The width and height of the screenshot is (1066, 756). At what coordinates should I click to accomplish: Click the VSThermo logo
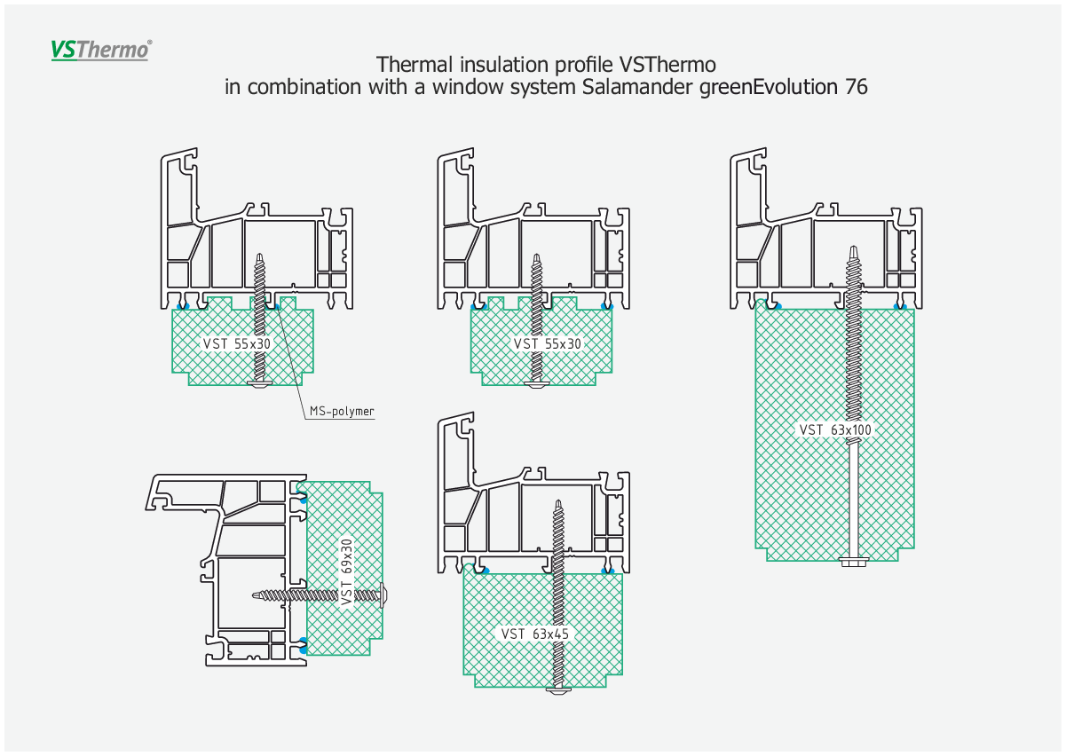[101, 50]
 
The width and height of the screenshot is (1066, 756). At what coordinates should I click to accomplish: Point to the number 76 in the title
[857, 87]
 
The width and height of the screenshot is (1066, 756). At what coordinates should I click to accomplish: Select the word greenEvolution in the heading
[769, 88]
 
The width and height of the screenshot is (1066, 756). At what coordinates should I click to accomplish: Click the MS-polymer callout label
[342, 411]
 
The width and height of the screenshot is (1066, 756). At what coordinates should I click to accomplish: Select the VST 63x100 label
[835, 430]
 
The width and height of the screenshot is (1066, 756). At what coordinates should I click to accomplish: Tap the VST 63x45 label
[535, 634]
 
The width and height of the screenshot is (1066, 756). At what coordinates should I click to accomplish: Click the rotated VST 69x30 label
[347, 571]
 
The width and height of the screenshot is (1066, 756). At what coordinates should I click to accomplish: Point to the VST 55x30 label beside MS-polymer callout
[236, 343]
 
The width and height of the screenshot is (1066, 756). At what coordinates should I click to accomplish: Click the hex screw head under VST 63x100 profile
[855, 562]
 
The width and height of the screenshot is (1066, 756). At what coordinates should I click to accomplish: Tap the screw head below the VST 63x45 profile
[558, 689]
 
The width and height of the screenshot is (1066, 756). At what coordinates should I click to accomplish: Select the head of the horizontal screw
[384, 595]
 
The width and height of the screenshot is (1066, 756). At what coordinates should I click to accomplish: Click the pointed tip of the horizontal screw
[253, 595]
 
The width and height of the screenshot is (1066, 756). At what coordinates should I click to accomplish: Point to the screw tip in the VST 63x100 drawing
[854, 247]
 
